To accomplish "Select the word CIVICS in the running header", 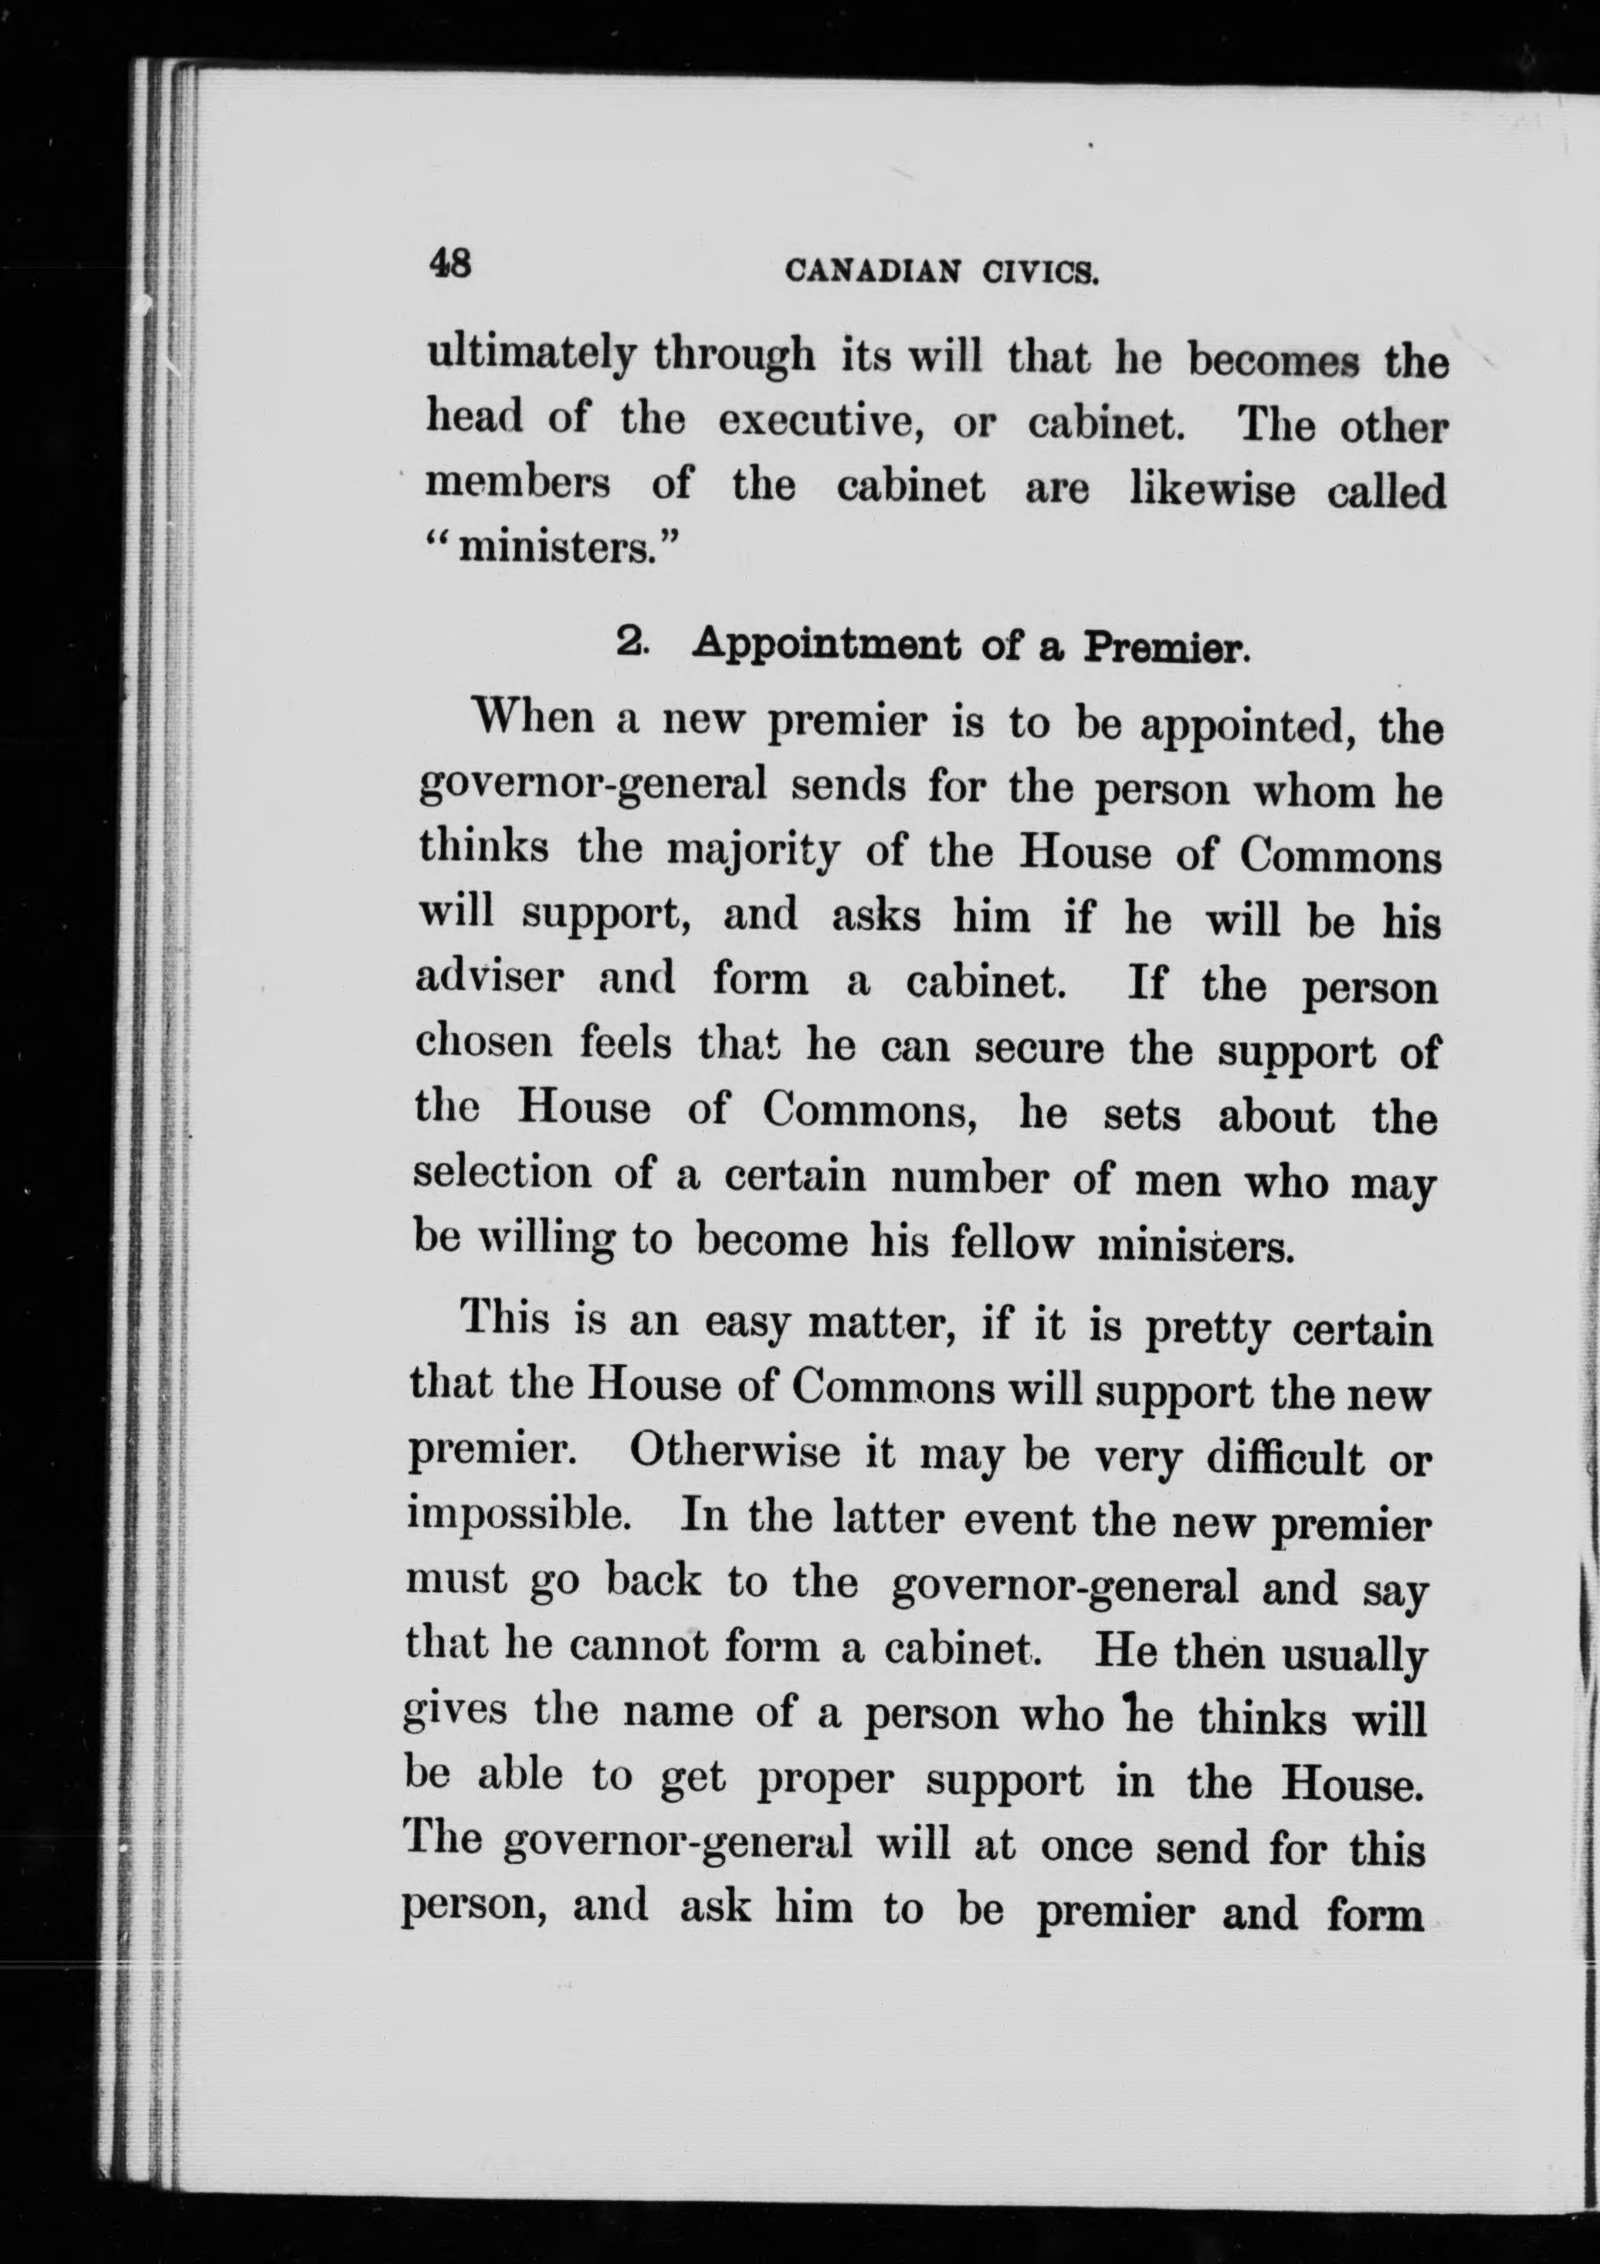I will (x=1039, y=271).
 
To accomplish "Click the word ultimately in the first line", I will (x=530, y=355).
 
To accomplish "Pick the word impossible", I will (x=519, y=1518).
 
